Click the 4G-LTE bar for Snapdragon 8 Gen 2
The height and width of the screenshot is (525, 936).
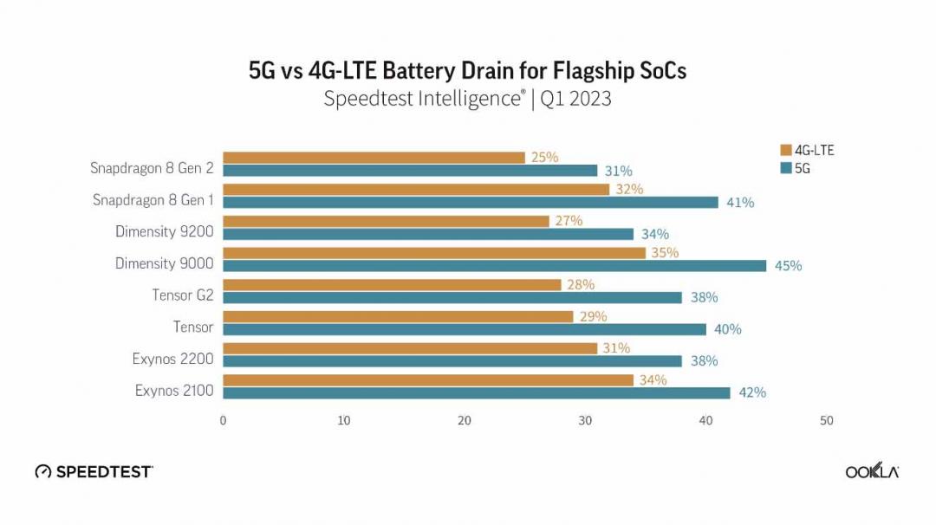(x=374, y=158)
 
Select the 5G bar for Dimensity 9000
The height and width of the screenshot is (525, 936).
(x=494, y=266)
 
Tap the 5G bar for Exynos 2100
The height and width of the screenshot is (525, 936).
(x=476, y=392)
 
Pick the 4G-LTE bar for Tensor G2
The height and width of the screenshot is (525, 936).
(x=392, y=284)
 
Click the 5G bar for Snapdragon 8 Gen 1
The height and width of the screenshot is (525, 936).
(x=470, y=203)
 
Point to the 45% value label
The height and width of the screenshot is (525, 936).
(x=788, y=266)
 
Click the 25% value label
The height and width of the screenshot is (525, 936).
(x=544, y=158)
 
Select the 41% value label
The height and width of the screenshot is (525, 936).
(x=740, y=203)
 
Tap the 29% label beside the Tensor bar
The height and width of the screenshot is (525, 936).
(x=593, y=316)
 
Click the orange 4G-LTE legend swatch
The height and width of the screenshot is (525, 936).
(x=786, y=150)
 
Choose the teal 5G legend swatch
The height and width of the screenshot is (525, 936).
(x=786, y=169)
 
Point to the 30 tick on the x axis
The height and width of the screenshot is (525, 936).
(x=586, y=421)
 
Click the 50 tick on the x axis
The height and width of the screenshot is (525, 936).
(x=827, y=421)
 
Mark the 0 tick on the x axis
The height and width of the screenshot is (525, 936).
(x=223, y=421)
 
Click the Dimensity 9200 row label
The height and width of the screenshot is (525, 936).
(x=164, y=231)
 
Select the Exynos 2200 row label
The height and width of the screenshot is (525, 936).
(x=172, y=359)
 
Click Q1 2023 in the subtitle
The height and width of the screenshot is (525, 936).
(x=575, y=99)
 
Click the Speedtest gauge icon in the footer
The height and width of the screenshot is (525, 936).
(x=43, y=472)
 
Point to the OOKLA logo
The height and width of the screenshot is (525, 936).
(x=872, y=471)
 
